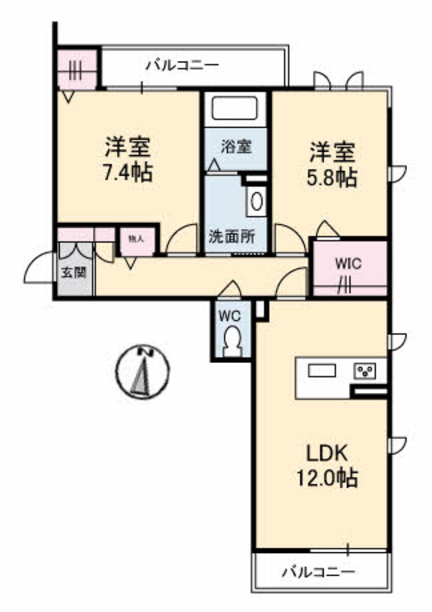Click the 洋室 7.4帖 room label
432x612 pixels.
point(128,160)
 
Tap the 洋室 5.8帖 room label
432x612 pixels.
point(332,164)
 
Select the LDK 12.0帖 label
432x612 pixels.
point(327,464)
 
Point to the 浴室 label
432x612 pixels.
point(236,147)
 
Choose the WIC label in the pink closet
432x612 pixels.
point(348,264)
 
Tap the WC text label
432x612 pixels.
point(229,316)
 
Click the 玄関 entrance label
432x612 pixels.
point(74,272)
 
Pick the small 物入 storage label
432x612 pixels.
point(136,239)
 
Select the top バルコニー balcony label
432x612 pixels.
point(182,65)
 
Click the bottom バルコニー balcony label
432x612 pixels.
point(318,571)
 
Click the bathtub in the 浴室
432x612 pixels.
point(234,108)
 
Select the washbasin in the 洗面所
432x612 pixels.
point(257,201)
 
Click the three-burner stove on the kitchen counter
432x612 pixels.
point(365,371)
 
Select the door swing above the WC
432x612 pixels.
point(229,289)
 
